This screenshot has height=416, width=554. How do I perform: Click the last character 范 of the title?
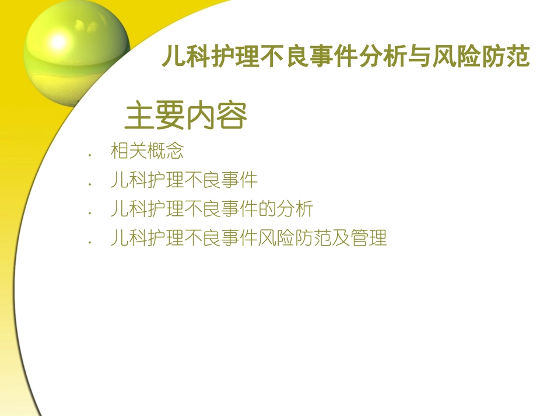(x=518, y=58)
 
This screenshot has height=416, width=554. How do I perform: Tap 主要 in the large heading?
(x=155, y=116)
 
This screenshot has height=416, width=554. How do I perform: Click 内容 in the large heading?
(x=217, y=116)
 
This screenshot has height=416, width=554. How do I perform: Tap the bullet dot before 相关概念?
(x=90, y=155)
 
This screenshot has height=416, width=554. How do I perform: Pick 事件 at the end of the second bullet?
(x=239, y=180)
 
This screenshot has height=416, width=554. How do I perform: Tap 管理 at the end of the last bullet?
(x=369, y=239)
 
